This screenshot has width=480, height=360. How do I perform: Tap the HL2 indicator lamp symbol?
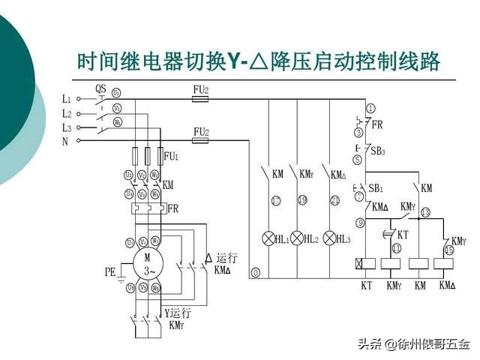[x=298, y=238]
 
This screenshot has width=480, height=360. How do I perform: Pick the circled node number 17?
[x=276, y=200]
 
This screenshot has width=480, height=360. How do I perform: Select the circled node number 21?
[x=334, y=200]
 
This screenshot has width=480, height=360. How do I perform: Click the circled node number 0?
[x=256, y=273]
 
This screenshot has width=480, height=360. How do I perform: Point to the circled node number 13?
[x=425, y=212]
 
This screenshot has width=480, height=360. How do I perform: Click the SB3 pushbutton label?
[x=378, y=150]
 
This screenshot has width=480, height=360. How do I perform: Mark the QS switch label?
[x=100, y=88]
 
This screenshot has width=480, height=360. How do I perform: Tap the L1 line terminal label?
[x=67, y=98]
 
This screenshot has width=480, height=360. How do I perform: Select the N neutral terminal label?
[x=65, y=140]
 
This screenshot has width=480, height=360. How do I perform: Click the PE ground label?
[x=110, y=273]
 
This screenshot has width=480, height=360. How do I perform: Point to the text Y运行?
[x=178, y=312]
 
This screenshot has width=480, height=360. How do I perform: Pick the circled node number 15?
[x=449, y=250]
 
